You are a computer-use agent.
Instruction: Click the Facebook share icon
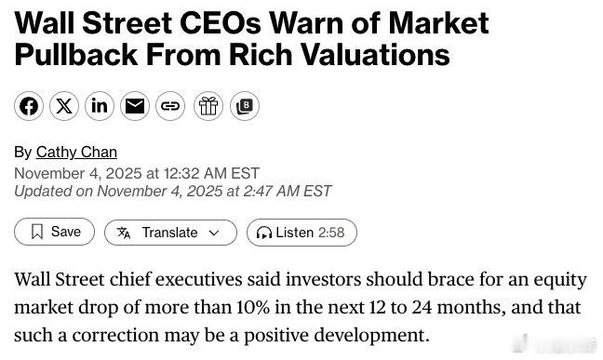tap(29, 106)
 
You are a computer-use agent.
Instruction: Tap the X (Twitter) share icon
tap(63, 106)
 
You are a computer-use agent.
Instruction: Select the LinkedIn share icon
tap(99, 106)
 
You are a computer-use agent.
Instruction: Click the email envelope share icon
tap(135, 106)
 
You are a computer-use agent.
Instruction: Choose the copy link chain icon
tap(170, 106)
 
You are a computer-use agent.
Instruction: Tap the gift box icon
tap(208, 106)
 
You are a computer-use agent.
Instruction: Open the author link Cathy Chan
tap(76, 152)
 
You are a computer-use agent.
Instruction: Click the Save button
tap(55, 232)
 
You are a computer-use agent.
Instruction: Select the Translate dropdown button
tap(170, 233)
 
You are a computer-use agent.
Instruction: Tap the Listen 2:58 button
tap(301, 233)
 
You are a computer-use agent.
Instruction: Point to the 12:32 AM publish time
tap(194, 173)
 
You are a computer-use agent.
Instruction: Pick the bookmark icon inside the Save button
tap(37, 232)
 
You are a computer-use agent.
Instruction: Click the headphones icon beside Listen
tap(264, 233)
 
